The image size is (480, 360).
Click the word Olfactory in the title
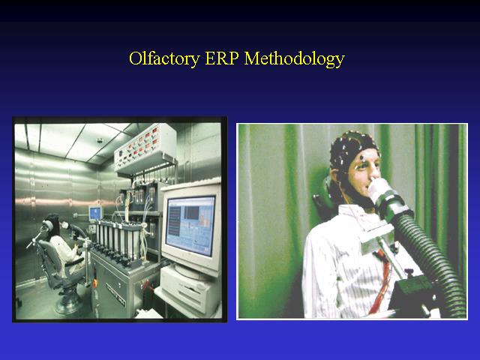coord(164,58)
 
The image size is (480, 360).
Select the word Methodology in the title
coord(295,58)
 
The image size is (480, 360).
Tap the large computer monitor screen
coord(190,226)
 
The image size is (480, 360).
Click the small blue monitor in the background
coord(95,213)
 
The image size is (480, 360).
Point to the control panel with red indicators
coord(145,146)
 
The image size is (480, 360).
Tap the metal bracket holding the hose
coord(377,235)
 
